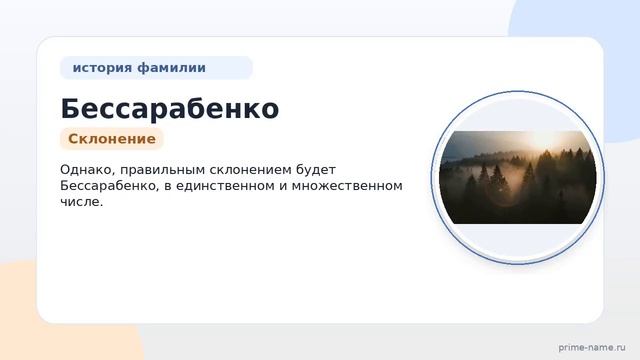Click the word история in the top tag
[102, 68]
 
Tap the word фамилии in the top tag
[171, 67]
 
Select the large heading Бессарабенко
[170, 109]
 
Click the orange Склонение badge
[112, 139]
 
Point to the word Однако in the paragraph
[87, 170]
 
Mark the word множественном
[347, 186]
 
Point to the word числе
[81, 202]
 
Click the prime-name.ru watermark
[592, 348]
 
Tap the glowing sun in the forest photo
[543, 140]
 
